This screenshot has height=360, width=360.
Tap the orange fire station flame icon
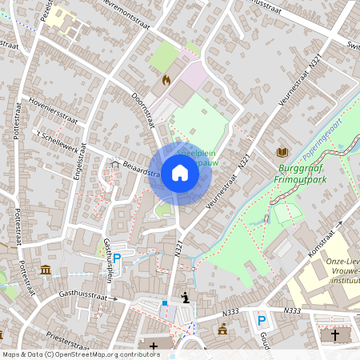click(166, 80)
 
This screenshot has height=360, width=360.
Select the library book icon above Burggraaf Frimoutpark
click(282, 152)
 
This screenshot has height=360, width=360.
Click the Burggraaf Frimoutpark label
click(307, 174)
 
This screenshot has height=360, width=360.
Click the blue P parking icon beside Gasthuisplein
click(117, 258)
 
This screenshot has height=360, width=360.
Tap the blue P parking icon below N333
click(261, 321)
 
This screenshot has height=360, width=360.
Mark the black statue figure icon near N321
click(186, 298)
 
